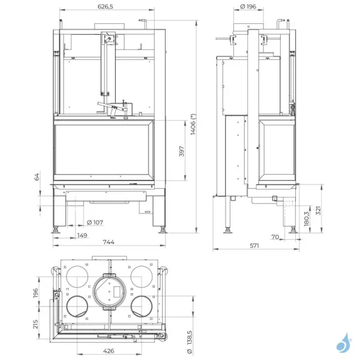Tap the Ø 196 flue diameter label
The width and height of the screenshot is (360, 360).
(x=247, y=7)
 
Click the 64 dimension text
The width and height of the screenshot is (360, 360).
(x=37, y=178)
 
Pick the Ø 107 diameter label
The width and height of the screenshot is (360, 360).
(x=91, y=223)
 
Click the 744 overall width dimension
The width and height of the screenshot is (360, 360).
(x=107, y=242)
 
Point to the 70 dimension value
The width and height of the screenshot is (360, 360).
(x=275, y=237)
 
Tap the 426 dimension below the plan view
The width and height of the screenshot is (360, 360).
(x=107, y=351)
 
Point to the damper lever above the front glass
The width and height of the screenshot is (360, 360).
(x=113, y=109)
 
